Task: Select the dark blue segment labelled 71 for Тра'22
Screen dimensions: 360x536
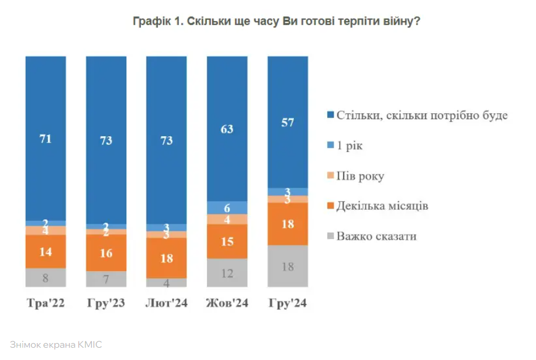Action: coord(46,139)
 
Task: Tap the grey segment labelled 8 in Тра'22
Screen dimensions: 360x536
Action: coord(46,278)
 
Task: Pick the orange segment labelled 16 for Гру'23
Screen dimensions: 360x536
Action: coord(106,252)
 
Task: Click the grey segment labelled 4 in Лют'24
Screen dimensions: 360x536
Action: coord(167,282)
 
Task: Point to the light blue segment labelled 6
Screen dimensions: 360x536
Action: coord(227,207)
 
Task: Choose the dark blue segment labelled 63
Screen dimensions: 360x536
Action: coord(227,129)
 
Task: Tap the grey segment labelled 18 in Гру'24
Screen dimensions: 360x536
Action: coord(287,266)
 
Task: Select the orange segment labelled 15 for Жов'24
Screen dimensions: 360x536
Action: coord(227,241)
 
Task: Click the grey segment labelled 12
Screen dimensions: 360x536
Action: coord(227,272)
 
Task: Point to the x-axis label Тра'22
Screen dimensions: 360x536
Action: coord(46,304)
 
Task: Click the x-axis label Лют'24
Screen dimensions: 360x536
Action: coord(167,304)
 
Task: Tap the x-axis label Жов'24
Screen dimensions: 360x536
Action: coord(227,304)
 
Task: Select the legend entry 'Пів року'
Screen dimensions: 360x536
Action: coord(359,176)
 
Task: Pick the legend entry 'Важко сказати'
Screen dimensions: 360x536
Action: coord(376,237)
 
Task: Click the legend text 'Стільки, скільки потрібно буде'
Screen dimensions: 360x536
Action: coord(421,115)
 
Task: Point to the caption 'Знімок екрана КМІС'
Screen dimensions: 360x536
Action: coord(56,345)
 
